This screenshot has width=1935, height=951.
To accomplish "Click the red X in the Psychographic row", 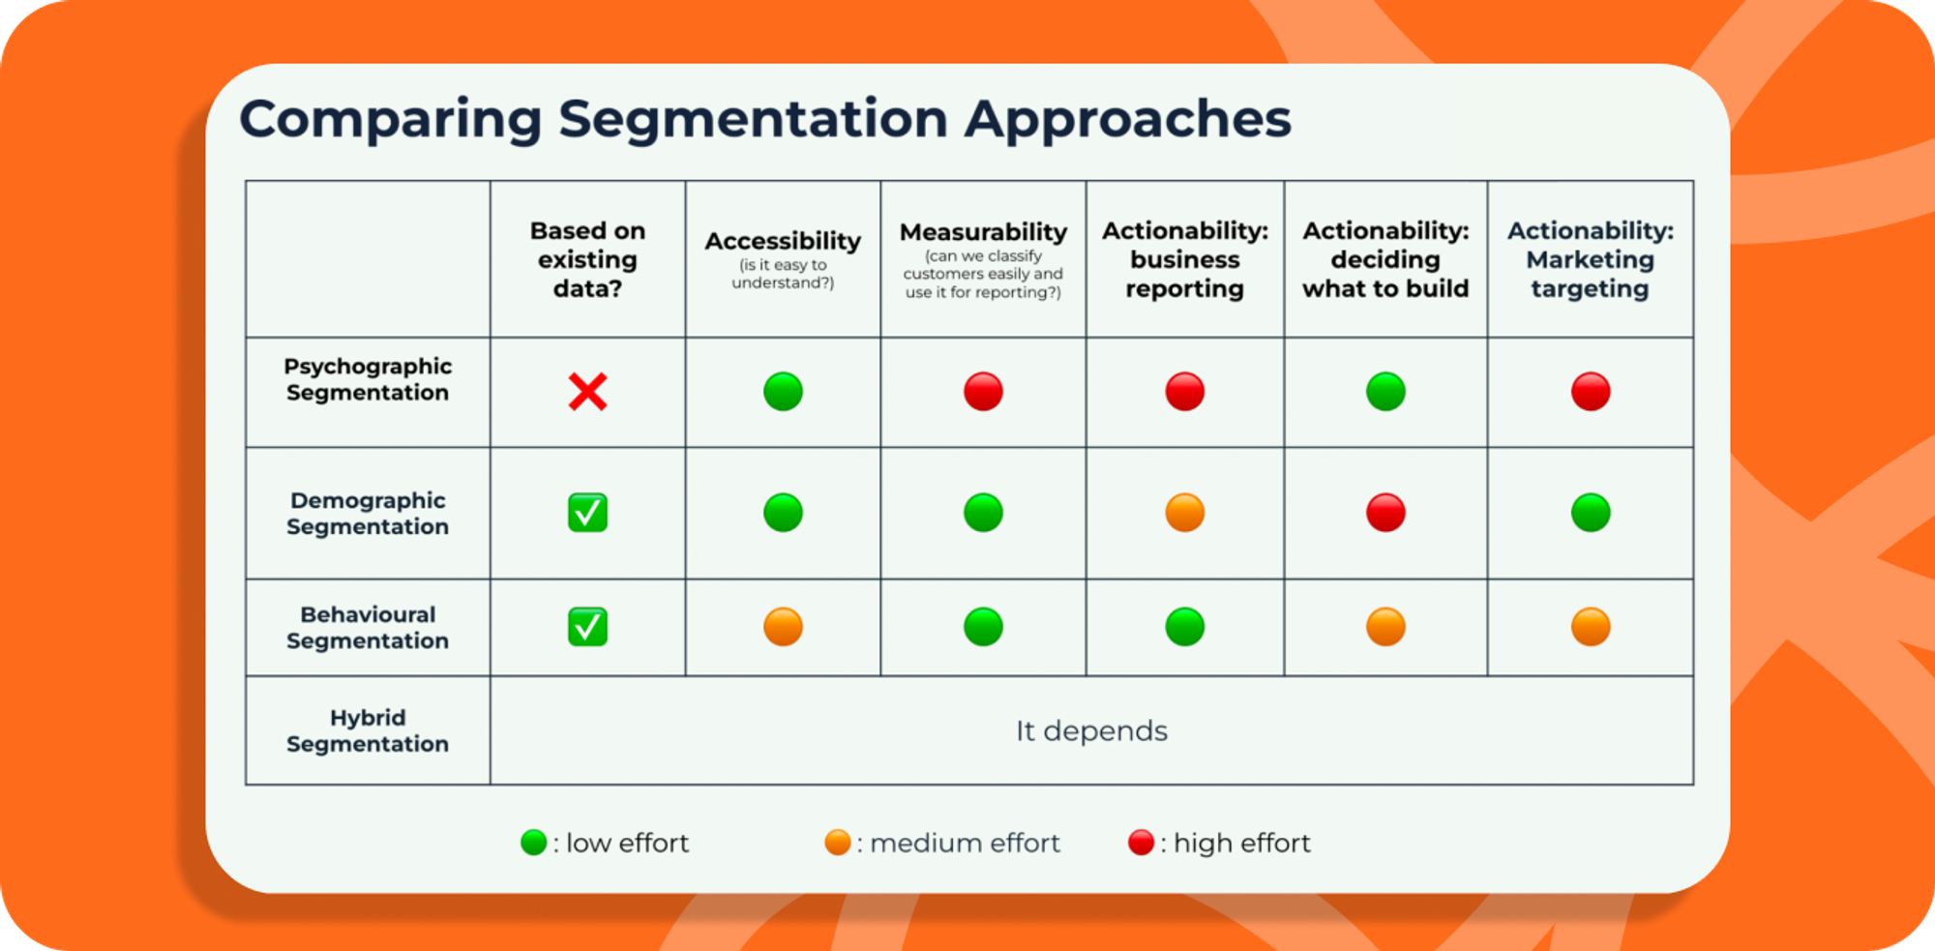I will pyautogui.click(x=587, y=392).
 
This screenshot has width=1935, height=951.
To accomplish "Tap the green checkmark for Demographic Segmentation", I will pyautogui.click(x=587, y=513).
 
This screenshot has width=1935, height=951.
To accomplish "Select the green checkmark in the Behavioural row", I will pyautogui.click(x=587, y=627).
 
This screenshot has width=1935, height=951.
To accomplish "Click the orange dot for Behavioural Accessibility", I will pyautogui.click(x=783, y=627).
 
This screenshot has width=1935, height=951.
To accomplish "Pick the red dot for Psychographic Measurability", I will pyautogui.click(x=983, y=392).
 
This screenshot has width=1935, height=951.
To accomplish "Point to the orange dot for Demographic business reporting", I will pyautogui.click(x=1184, y=513).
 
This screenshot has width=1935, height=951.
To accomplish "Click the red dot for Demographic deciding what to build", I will pyautogui.click(x=1385, y=513).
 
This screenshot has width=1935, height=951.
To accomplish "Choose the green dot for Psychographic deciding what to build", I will pyautogui.click(x=1385, y=392).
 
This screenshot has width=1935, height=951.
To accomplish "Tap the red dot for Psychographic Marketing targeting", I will pyautogui.click(x=1591, y=392).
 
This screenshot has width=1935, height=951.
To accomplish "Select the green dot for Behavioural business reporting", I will pyautogui.click(x=1184, y=627).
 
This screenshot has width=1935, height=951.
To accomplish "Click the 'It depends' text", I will pyautogui.click(x=1091, y=731).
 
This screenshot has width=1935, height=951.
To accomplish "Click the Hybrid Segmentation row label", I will pyautogui.click(x=368, y=730).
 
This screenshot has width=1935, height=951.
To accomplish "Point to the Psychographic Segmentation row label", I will pyautogui.click(x=368, y=379).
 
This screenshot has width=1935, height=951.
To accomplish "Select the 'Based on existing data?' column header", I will pyautogui.click(x=587, y=259).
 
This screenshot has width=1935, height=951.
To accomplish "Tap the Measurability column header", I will pyautogui.click(x=983, y=233).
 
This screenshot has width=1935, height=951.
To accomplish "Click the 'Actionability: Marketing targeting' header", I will pyautogui.click(x=1590, y=259).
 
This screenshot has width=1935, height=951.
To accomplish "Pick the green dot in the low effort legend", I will pyautogui.click(x=533, y=843).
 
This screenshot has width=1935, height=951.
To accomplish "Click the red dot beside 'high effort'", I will pyautogui.click(x=1141, y=843).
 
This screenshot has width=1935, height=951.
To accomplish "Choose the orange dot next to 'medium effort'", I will pyautogui.click(x=837, y=843).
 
